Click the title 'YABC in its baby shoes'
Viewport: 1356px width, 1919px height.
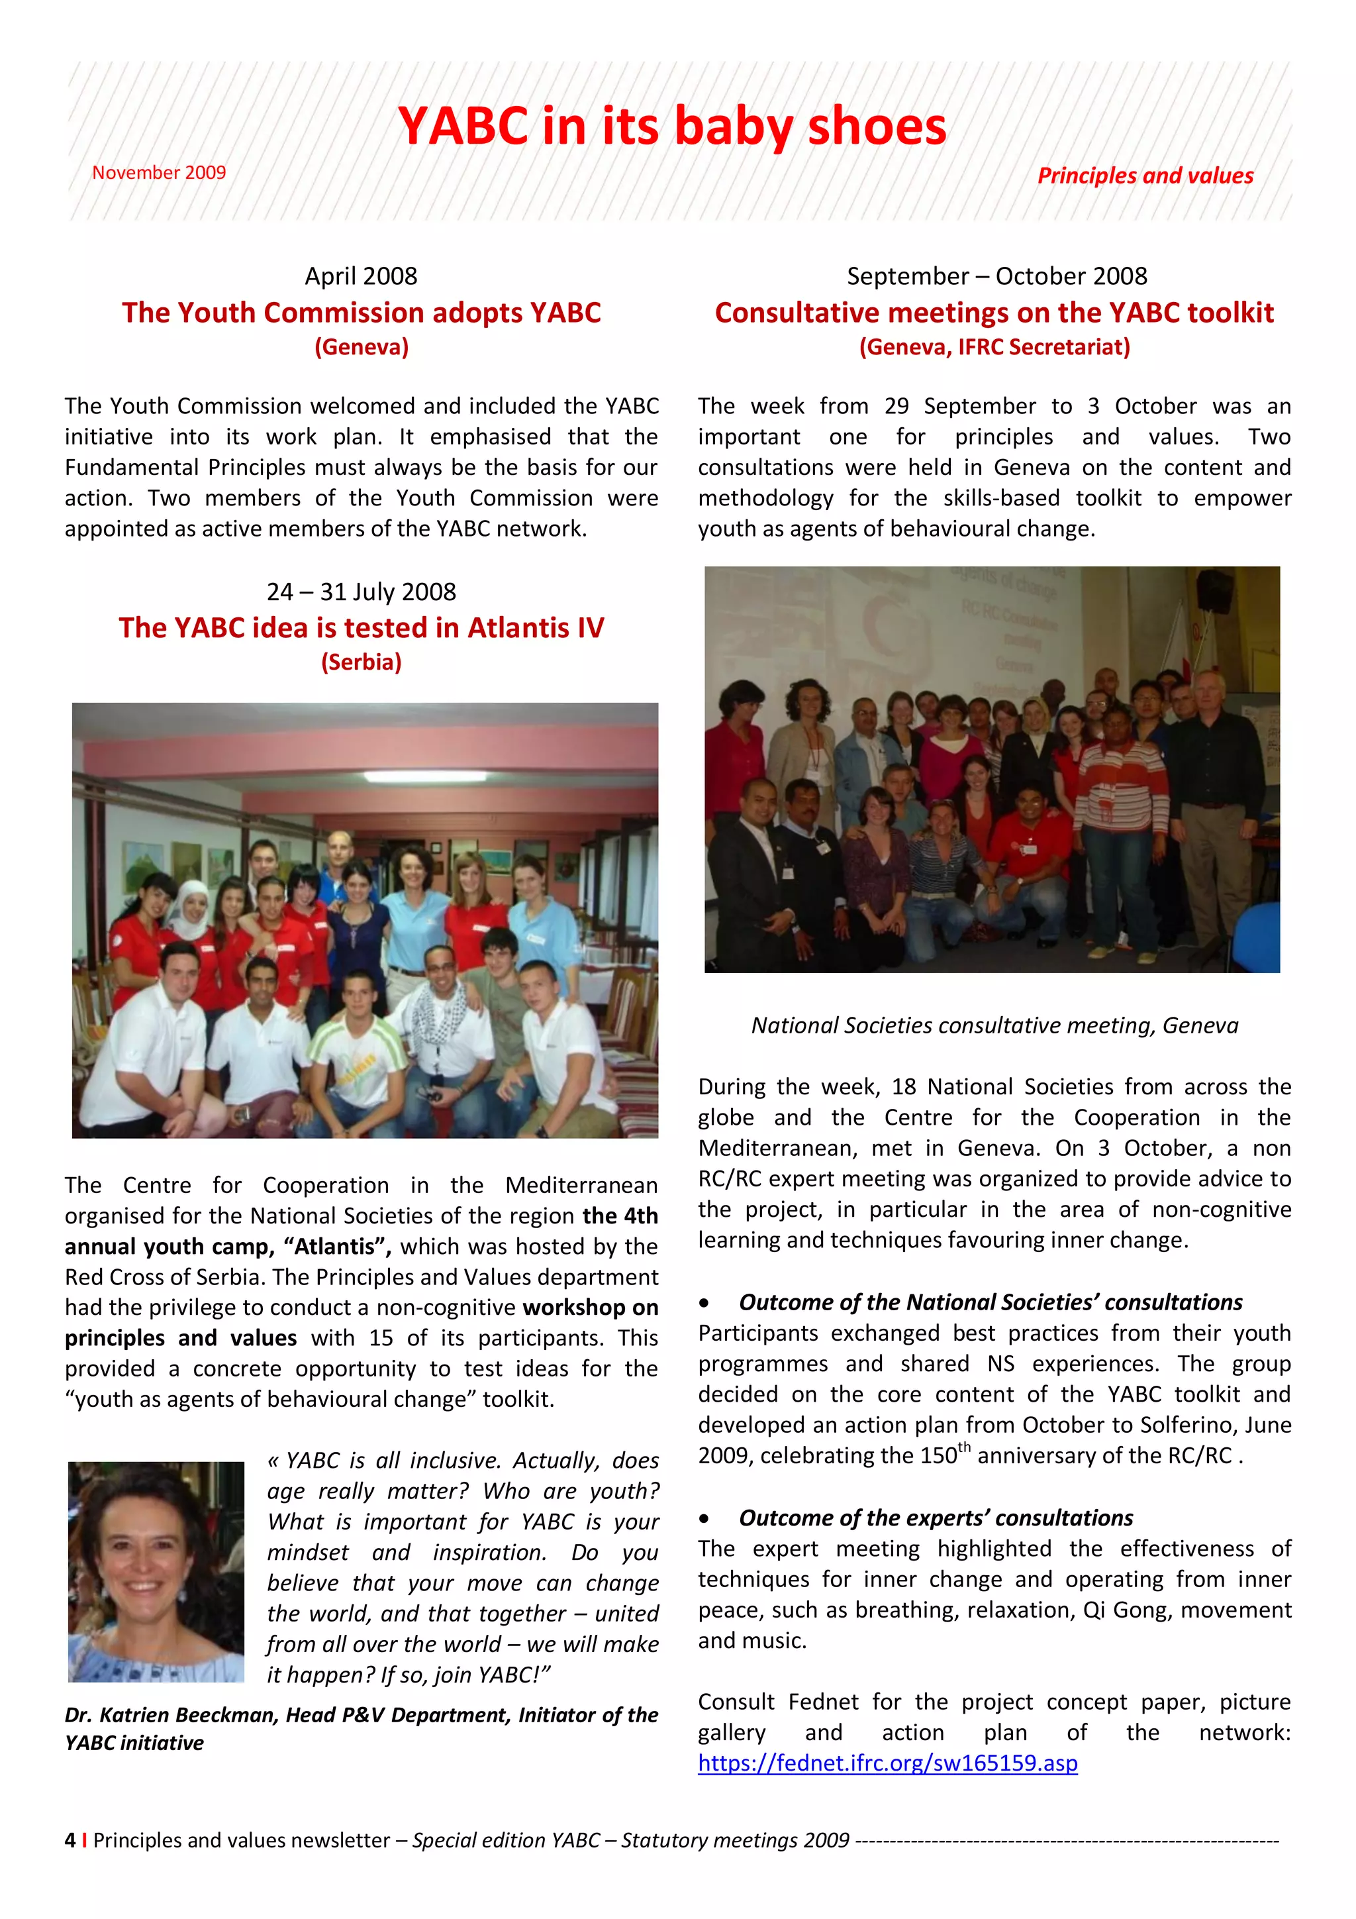click(672, 127)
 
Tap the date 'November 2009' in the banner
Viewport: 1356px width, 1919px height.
click(159, 172)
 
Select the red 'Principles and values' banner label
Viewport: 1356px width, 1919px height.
click(1145, 176)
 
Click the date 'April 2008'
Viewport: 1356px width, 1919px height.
click(361, 276)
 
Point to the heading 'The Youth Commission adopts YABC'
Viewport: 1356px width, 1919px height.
click(361, 313)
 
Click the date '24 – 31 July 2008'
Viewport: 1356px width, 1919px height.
click(361, 592)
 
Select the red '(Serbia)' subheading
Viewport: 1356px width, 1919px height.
click(361, 662)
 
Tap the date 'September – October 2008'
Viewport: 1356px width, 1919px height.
click(996, 276)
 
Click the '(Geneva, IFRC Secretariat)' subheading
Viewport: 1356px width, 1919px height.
click(994, 347)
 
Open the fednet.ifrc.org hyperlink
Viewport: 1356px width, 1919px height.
click(887, 1763)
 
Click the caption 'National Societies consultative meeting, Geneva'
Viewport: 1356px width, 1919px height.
click(994, 1025)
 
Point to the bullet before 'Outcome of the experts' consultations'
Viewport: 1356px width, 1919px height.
click(705, 1519)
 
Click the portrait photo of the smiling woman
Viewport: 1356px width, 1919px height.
click(156, 1571)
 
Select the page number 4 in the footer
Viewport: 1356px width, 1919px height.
click(70, 1840)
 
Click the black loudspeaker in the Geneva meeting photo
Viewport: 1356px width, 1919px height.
click(1213, 590)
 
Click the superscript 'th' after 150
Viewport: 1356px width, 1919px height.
click(964, 1447)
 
